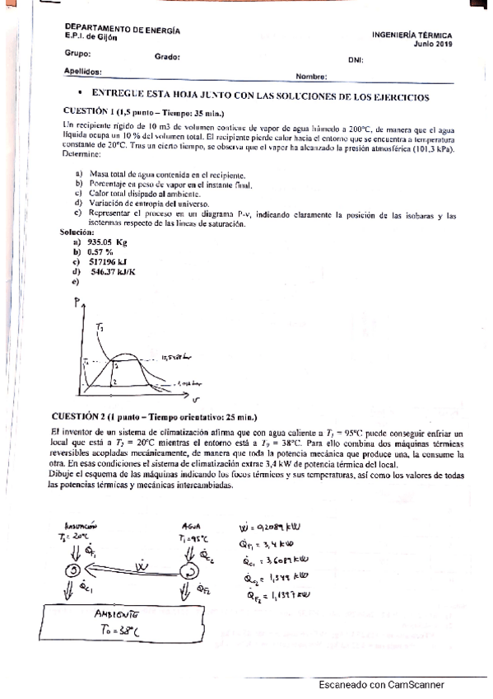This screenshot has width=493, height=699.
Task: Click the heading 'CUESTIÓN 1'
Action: coord(92,112)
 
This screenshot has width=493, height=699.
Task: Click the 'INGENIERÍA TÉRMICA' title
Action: coord(412,36)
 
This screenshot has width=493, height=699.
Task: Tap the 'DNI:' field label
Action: coord(356,60)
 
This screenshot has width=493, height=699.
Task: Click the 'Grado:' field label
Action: coord(167,58)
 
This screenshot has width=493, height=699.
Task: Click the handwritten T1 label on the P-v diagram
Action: coord(100,328)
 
